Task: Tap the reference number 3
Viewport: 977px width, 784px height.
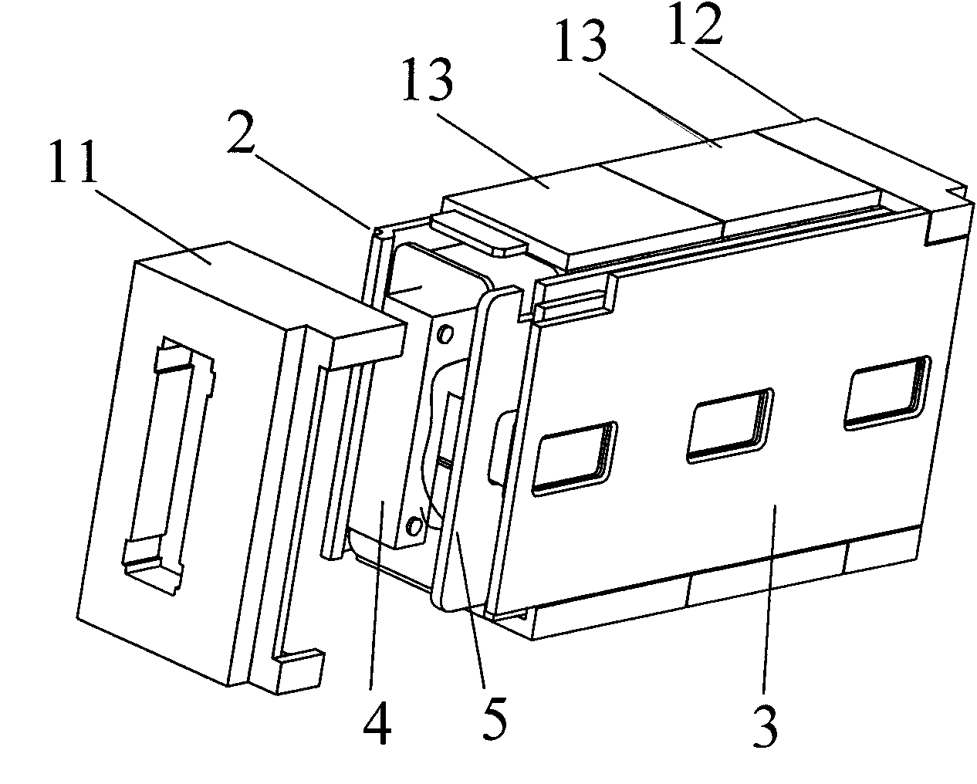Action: click(764, 725)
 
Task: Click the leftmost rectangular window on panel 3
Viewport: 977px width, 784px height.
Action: click(576, 458)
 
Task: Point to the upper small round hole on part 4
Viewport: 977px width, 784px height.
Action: click(443, 333)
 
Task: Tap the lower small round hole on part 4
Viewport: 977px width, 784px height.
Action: click(416, 526)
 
